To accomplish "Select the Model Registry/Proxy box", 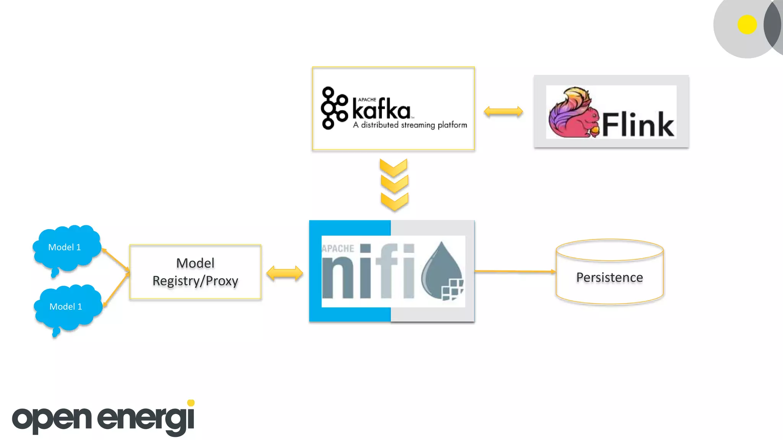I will [195, 272].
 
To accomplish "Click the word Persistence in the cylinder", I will [609, 277].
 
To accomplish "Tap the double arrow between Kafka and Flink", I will [503, 112].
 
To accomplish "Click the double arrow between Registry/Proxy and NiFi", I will [285, 273].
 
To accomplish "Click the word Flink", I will [638, 125].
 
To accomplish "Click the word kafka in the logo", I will [381, 110].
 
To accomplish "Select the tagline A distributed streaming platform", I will [410, 125].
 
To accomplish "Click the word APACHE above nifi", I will [338, 249].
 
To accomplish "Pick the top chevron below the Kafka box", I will [394, 167].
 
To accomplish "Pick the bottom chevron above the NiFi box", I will [395, 201].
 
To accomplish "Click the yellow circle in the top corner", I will [747, 25].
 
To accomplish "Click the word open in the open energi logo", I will [52, 419].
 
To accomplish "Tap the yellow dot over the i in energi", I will [191, 403].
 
